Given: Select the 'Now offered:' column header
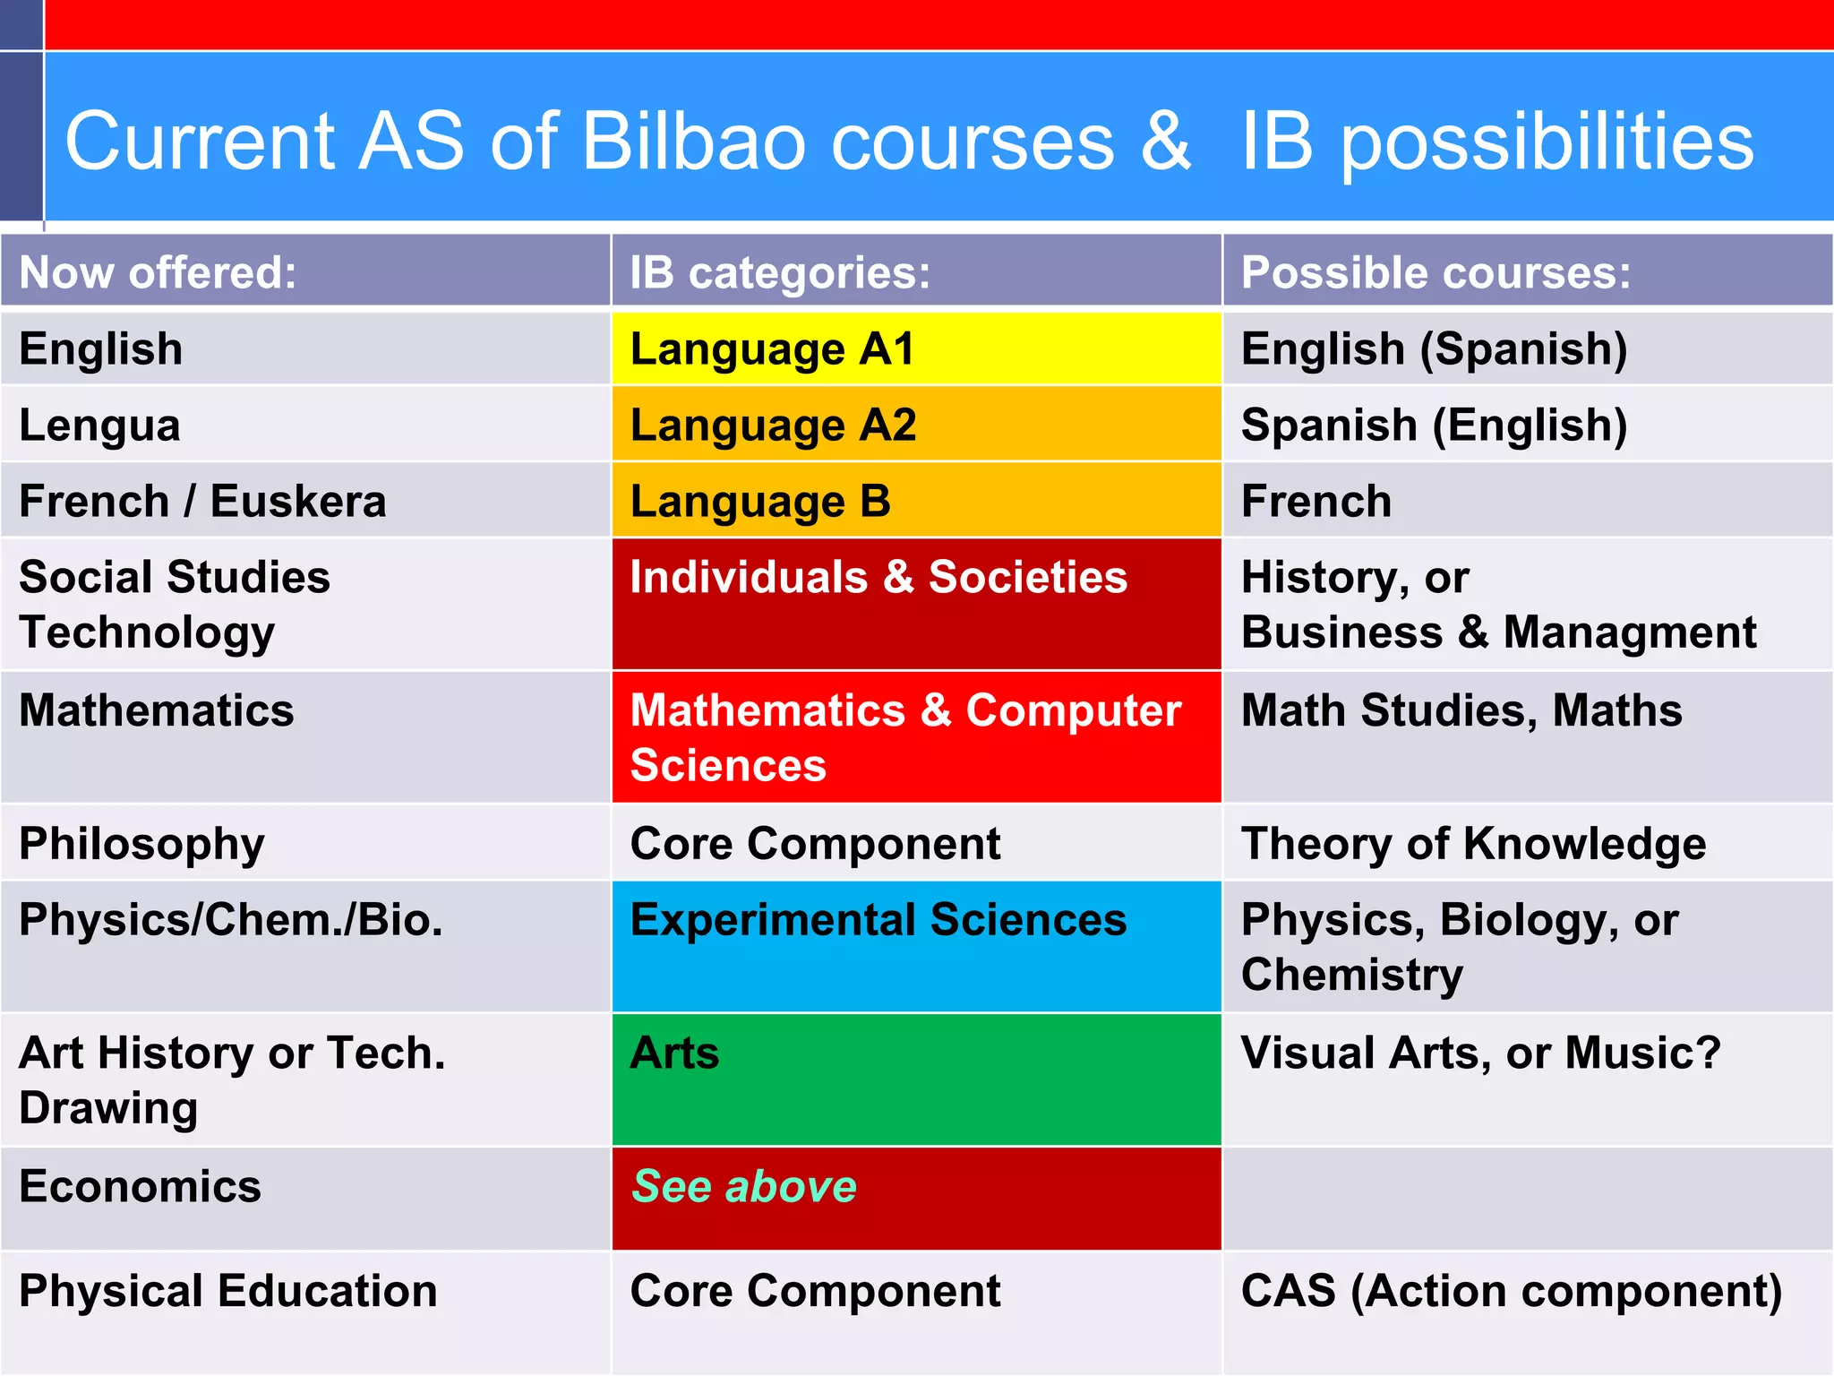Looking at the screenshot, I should [158, 272].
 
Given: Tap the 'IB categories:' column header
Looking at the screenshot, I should [780, 272].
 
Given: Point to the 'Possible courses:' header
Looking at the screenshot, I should [1435, 272].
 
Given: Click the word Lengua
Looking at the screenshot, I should [99, 426].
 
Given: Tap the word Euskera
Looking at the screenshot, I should [298, 502].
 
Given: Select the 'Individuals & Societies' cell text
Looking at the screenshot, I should [878, 577].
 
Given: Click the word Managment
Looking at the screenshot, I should [1630, 632].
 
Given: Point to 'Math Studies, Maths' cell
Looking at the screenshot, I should [1461, 710].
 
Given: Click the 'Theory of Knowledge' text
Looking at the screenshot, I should [1473, 844].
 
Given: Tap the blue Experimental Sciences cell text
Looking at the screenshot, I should [878, 920].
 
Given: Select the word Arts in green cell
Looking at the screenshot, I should [674, 1053].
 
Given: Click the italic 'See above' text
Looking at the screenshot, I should [744, 1187].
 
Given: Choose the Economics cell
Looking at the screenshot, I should [140, 1187].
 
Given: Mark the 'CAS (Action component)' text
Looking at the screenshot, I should [1512, 1292].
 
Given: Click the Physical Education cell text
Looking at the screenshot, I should [228, 1292].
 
